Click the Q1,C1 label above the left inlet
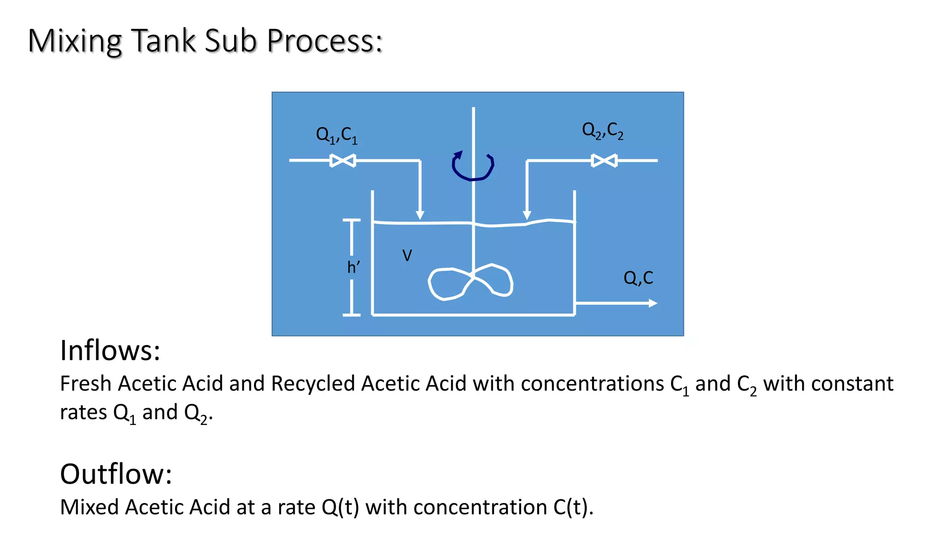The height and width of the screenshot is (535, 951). [337, 135]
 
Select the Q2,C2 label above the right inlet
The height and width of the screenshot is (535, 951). [603, 130]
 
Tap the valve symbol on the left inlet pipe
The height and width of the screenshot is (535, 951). [343, 161]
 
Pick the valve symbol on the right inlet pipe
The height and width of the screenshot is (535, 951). [604, 161]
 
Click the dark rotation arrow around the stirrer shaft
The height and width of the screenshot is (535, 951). [473, 166]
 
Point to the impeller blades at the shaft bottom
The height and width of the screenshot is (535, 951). [470, 282]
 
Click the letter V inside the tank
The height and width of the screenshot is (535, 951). [407, 255]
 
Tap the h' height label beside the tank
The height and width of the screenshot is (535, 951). [353, 267]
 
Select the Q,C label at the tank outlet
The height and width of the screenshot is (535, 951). [638, 278]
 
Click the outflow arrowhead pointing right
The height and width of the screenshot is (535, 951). [652, 303]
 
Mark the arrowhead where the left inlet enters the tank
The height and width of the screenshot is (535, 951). [420, 215]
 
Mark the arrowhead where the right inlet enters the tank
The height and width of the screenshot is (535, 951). [527, 215]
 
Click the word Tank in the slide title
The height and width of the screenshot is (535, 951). [164, 41]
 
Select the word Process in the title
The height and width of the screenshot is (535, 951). [325, 41]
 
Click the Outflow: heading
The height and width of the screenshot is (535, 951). [116, 474]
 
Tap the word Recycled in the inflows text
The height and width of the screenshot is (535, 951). [313, 384]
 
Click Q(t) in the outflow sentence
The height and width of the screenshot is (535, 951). [340, 507]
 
